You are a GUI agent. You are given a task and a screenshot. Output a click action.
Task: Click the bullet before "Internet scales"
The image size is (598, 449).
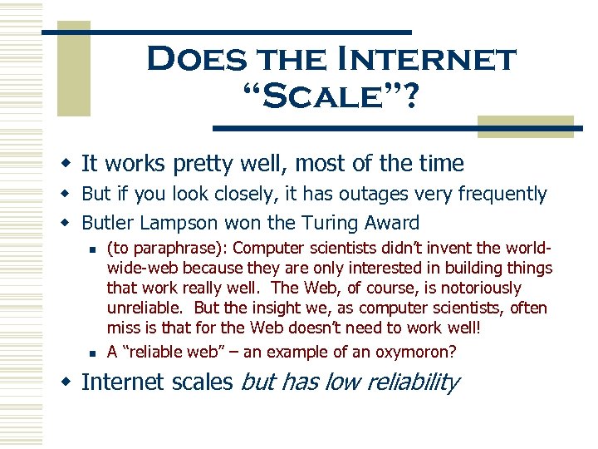[70, 382]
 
